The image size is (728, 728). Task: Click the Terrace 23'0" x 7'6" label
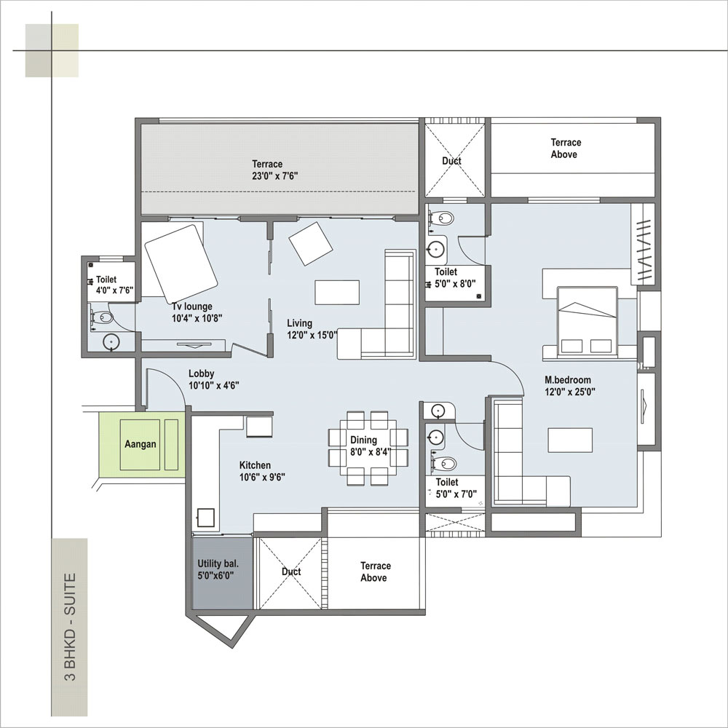[274, 170]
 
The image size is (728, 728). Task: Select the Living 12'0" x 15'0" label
[311, 329]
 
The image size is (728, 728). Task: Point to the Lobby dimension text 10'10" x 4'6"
[213, 385]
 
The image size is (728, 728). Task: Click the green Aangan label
[141, 444]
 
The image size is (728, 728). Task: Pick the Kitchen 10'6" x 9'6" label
[262, 471]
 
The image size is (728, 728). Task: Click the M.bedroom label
[568, 380]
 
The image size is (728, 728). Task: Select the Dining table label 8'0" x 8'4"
[371, 452]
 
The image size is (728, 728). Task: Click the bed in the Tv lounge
[181, 264]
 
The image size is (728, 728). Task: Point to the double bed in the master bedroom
[587, 322]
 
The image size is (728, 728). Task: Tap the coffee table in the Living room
[337, 292]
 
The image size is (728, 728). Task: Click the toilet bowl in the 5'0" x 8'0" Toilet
[443, 218]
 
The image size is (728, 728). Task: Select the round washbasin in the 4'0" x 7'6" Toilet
[111, 341]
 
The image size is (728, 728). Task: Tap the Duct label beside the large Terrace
[451, 161]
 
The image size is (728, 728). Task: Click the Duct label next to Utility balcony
[291, 571]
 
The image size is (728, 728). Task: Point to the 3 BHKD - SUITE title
[70, 627]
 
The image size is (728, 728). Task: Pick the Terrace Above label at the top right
[566, 149]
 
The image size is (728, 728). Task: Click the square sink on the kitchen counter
[206, 517]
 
